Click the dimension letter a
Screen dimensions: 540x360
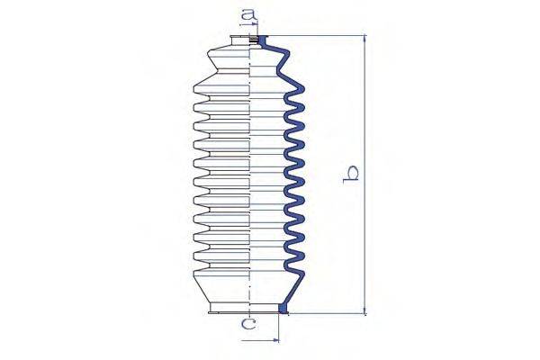click(248, 15)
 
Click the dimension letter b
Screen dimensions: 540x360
click(351, 175)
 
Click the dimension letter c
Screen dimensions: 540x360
click(248, 324)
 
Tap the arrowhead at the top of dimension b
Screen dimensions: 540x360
click(365, 38)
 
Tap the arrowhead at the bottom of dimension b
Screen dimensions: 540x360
click(365, 310)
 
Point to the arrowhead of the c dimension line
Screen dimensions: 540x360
click(276, 340)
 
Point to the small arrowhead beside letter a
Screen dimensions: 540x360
click(255, 23)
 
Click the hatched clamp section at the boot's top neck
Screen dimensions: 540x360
click(254, 40)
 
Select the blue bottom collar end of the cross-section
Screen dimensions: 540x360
click(283, 309)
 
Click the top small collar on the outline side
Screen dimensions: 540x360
click(239, 40)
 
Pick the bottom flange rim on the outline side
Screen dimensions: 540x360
click(229, 312)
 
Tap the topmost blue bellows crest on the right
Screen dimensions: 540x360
click(299, 90)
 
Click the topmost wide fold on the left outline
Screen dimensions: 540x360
click(221, 89)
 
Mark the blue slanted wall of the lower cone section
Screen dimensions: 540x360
click(295, 289)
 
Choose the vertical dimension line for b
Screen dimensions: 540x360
click(365, 175)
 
